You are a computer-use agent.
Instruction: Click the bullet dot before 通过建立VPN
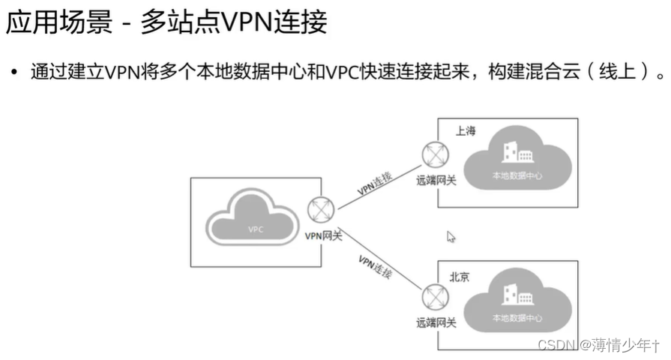[x=13, y=73]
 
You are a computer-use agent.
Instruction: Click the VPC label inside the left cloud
[x=256, y=229]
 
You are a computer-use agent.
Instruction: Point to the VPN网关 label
[x=323, y=235]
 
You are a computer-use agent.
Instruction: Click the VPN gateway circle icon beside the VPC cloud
[x=320, y=210]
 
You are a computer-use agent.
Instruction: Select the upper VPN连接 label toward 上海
[x=375, y=183]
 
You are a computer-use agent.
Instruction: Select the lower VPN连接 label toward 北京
[x=375, y=266]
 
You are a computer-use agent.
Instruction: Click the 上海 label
[x=466, y=130]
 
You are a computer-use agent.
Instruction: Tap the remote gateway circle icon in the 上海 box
[x=433, y=155]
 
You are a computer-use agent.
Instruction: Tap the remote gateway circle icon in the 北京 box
[x=433, y=297]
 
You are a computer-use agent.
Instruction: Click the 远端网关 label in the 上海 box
[x=436, y=180]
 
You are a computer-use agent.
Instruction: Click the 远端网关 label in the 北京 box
[x=436, y=322]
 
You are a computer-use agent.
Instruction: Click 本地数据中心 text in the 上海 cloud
[x=517, y=175]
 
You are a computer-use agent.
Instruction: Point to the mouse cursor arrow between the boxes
[x=451, y=236]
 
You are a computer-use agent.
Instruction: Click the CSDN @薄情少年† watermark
[x=599, y=345]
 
